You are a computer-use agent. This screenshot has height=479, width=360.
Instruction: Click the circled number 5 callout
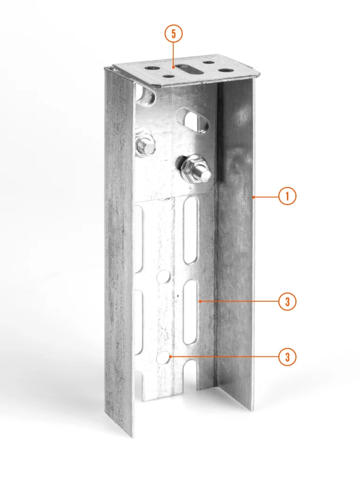pyautogui.click(x=174, y=34)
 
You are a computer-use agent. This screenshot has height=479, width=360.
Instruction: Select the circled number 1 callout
pyautogui.click(x=287, y=196)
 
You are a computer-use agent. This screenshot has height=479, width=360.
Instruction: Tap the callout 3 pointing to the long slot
pyautogui.click(x=287, y=302)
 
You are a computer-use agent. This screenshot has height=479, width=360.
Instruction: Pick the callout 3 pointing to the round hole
pyautogui.click(x=287, y=356)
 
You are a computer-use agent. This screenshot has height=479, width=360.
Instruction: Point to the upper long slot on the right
pyautogui.click(x=191, y=230)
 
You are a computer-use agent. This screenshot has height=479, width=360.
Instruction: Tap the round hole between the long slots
pyautogui.click(x=163, y=276)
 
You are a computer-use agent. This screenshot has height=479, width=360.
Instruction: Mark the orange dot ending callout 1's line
pyautogui.click(x=253, y=197)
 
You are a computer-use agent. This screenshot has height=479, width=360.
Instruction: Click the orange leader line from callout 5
pyautogui.click(x=174, y=55)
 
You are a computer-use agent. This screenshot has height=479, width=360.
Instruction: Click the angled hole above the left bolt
pyautogui.click(x=146, y=94)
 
